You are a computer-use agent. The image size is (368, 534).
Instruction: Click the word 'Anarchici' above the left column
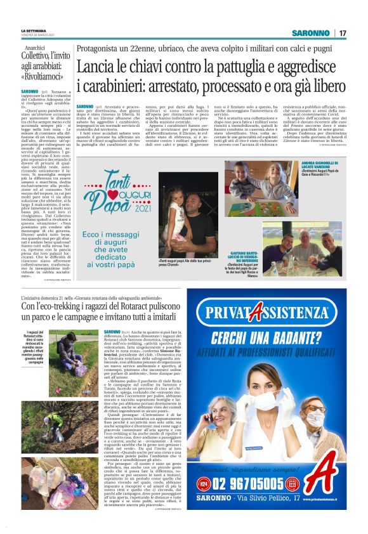click(x=37, y=48)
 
